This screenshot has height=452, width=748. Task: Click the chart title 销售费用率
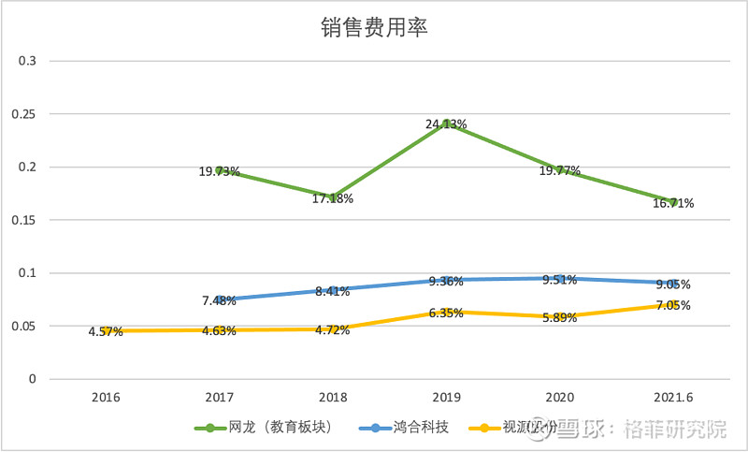[x=374, y=28]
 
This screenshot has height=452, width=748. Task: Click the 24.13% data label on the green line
[x=446, y=124]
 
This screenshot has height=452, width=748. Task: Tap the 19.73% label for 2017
[x=219, y=172]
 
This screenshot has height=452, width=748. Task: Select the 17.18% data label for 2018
[x=332, y=200]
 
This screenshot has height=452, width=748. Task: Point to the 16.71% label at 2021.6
[x=673, y=203]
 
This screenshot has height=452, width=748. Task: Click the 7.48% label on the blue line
[x=219, y=300]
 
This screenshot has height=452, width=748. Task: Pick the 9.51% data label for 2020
[x=559, y=280]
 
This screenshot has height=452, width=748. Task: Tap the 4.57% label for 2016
[x=106, y=331]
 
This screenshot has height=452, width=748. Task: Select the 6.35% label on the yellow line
[x=446, y=313]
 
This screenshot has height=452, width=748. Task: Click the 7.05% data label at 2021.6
[x=673, y=306]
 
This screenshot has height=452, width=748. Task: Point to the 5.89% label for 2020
[x=559, y=318]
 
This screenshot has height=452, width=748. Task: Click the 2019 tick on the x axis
[x=446, y=396]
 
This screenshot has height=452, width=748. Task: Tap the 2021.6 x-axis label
[x=673, y=396]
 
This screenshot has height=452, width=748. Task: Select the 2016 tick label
[x=106, y=396]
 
